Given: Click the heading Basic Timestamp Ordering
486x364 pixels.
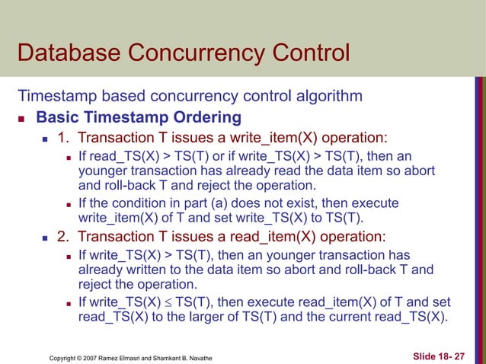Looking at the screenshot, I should coord(139,118).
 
